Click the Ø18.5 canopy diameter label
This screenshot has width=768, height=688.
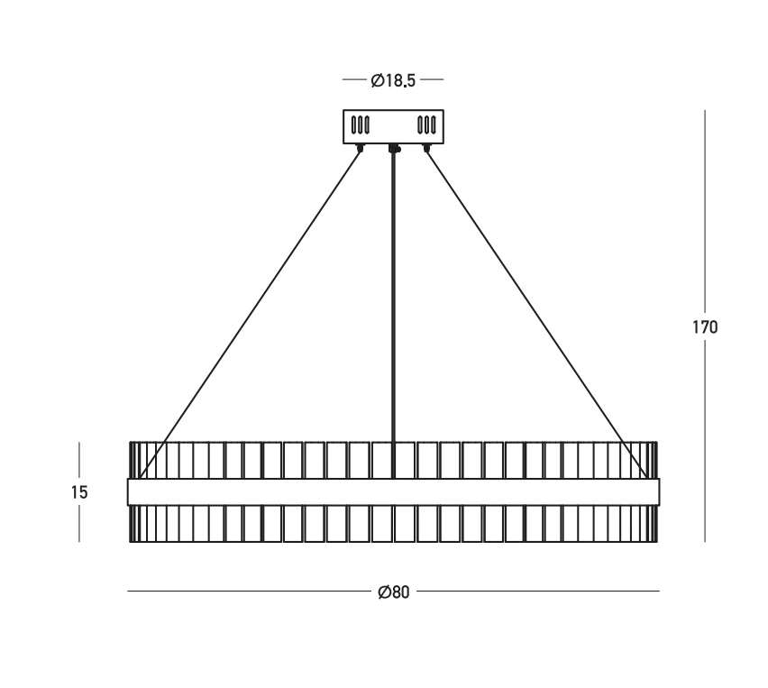[393, 80]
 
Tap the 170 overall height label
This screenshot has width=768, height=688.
[705, 326]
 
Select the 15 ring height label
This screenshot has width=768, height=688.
[78, 492]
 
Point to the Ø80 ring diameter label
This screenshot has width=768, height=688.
[393, 592]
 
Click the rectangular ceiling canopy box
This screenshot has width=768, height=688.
[393, 127]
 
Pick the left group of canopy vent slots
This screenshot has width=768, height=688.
[361, 125]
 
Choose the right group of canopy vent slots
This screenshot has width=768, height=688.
[426, 125]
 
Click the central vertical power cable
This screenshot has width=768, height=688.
[393, 314]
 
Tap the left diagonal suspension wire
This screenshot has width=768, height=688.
[250, 313]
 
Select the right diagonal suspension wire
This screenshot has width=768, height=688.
[536, 313]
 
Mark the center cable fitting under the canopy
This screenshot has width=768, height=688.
[394, 148]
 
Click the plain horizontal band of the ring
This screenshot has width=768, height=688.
[393, 492]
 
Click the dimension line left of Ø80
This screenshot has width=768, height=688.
[250, 591]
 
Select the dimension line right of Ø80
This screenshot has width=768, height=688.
[538, 591]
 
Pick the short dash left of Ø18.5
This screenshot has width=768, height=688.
[354, 79]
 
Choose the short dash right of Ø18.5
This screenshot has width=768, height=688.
[432, 79]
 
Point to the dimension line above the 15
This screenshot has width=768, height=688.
[78, 461]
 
